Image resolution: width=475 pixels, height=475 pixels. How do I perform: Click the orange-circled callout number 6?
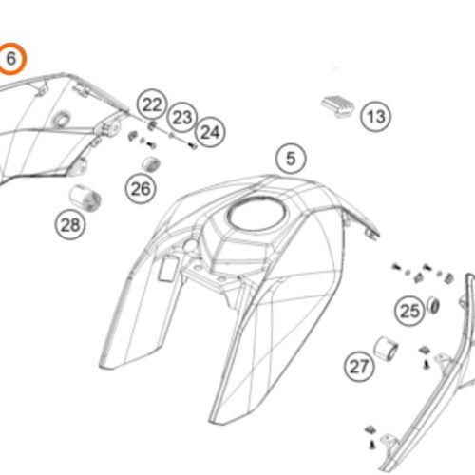(10, 59)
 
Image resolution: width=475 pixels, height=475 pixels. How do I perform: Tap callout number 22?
(152, 104)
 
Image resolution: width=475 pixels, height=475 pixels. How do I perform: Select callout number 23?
(182, 118)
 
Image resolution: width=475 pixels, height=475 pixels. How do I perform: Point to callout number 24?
(210, 132)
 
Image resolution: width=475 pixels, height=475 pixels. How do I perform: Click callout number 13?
(376, 117)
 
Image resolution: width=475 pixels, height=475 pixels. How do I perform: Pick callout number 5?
(291, 159)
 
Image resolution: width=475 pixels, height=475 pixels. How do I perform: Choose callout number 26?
(141, 189)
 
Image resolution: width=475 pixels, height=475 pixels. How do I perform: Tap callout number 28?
(70, 225)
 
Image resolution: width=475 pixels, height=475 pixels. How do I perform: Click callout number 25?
(410, 311)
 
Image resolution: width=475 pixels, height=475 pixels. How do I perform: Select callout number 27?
(359, 367)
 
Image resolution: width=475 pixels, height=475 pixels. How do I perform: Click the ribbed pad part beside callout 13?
(338, 106)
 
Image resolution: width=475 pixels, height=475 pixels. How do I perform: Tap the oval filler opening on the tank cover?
(257, 214)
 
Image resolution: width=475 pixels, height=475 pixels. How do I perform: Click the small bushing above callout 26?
(151, 164)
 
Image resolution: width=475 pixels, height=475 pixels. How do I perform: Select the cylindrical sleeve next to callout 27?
(386, 349)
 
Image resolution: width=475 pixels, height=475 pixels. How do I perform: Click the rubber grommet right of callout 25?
(433, 305)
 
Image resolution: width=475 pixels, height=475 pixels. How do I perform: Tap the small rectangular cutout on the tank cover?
(167, 268)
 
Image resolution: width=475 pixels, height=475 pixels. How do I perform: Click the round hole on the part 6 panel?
(61, 120)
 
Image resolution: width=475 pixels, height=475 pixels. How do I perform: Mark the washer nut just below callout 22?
(153, 125)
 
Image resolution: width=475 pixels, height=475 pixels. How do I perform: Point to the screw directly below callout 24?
(193, 146)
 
